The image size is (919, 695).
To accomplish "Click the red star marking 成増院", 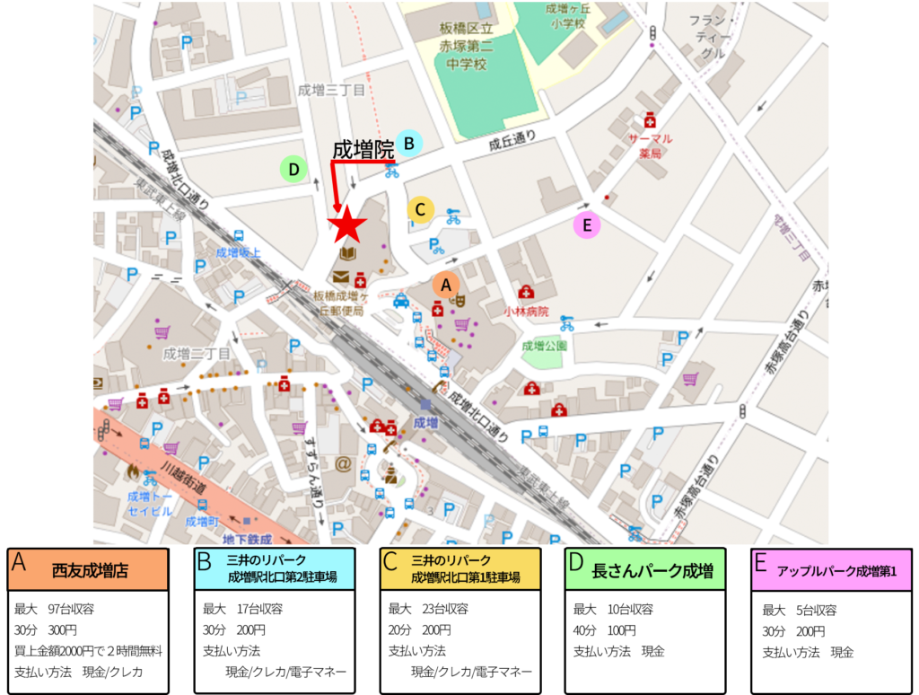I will pos(346,226).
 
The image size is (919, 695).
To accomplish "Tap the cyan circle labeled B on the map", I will pos(408,142).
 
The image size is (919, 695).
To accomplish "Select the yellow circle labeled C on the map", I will pos(420,209).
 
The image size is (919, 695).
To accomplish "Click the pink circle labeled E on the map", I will pos(587,225).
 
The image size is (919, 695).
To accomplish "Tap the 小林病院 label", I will pos(526,311).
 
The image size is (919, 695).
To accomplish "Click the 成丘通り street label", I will pos(512,140).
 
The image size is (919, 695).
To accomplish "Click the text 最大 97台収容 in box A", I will pos(55,609).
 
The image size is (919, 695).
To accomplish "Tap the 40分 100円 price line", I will pos(605,629).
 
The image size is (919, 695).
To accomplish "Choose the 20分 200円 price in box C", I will pos(419,629).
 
